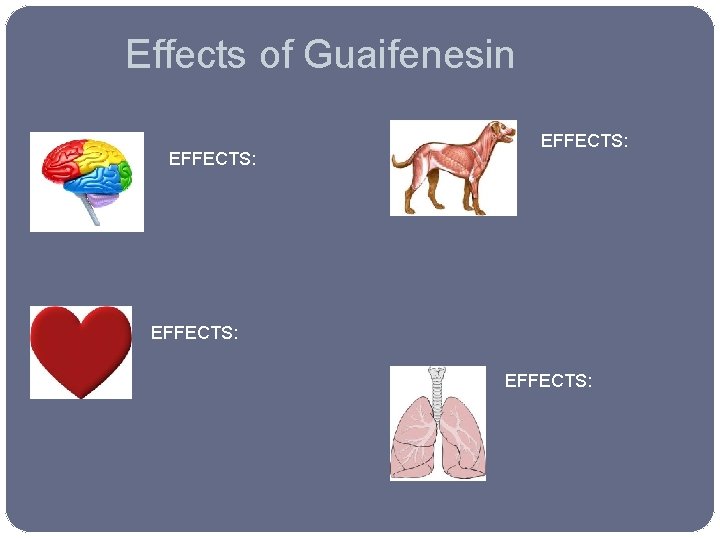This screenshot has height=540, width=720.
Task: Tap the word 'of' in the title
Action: tap(276, 54)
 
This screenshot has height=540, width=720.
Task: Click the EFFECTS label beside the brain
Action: tap(212, 158)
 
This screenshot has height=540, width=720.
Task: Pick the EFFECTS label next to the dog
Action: tap(584, 142)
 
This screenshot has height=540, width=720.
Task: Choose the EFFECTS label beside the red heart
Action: tap(194, 332)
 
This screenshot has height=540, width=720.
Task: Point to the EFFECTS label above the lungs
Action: tap(548, 380)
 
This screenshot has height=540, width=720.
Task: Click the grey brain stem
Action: tap(92, 210)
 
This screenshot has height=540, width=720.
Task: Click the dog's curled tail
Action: tap(399, 159)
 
